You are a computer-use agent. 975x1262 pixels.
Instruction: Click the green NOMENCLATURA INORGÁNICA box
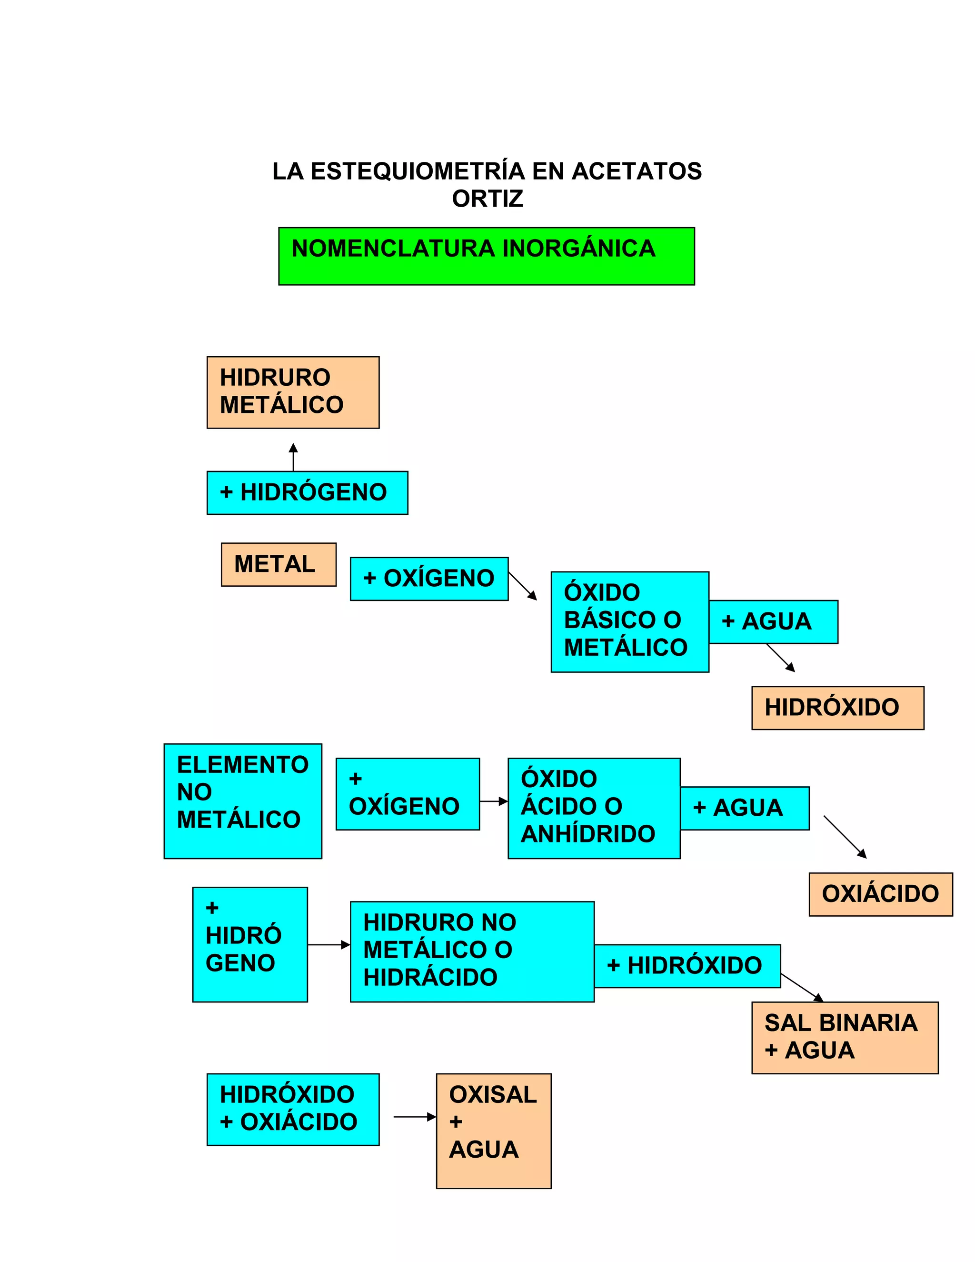click(x=487, y=256)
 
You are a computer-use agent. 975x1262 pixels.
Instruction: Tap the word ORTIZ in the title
click(x=487, y=199)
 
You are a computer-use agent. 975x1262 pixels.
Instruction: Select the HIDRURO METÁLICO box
click(x=293, y=392)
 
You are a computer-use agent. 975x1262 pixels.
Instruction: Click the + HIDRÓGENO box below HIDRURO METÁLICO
click(x=307, y=493)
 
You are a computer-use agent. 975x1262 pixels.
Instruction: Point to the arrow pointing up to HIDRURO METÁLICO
click(x=293, y=457)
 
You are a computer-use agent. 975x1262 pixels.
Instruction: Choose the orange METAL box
click(x=279, y=564)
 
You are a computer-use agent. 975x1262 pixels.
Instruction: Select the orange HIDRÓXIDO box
click(x=837, y=708)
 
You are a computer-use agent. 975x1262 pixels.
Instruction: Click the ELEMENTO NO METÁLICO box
click(x=243, y=801)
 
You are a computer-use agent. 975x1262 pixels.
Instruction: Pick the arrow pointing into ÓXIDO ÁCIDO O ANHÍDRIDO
click(x=493, y=801)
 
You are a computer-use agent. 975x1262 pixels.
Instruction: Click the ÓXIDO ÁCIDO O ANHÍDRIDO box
click(x=594, y=808)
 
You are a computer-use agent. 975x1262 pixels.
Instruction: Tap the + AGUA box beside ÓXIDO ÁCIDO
click(x=745, y=808)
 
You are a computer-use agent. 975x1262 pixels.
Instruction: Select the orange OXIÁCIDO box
click(x=880, y=894)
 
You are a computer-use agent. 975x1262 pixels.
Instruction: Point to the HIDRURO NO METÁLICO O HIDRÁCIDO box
click(x=472, y=951)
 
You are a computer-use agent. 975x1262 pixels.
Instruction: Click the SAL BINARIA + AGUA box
click(x=845, y=1037)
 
